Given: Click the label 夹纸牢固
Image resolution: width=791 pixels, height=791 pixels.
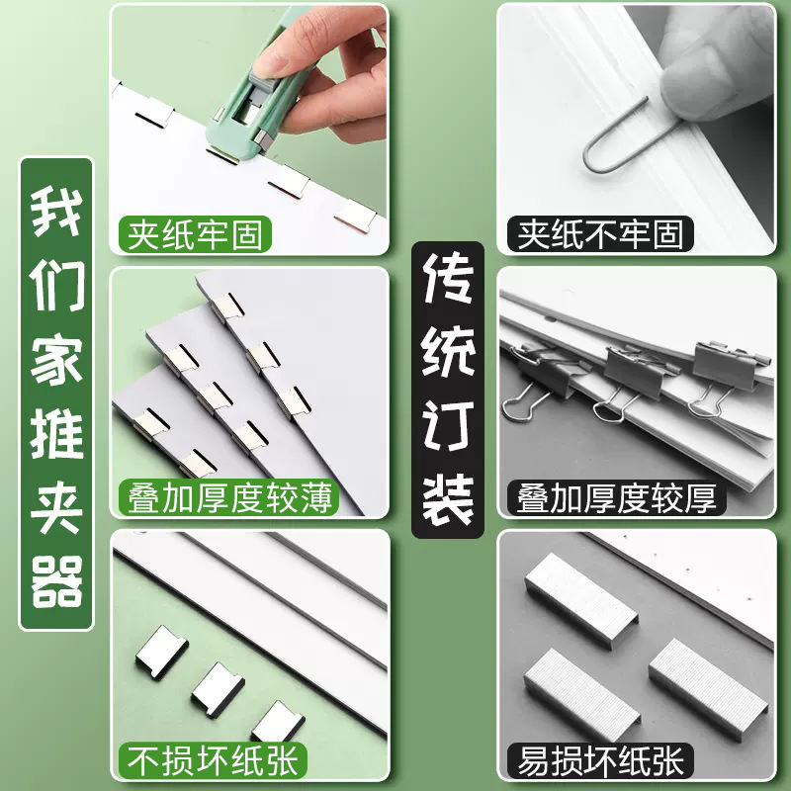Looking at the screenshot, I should point(195,234).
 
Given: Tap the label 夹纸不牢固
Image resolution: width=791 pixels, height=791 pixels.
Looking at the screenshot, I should point(601,234).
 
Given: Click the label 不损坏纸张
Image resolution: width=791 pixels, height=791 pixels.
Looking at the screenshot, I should point(212,760).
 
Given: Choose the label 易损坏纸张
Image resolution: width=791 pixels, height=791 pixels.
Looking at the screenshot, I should point(601,760).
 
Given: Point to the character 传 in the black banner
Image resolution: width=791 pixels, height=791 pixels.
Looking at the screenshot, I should point(448,284).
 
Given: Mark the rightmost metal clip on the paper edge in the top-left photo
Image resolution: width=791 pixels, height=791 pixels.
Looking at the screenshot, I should point(354,214).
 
